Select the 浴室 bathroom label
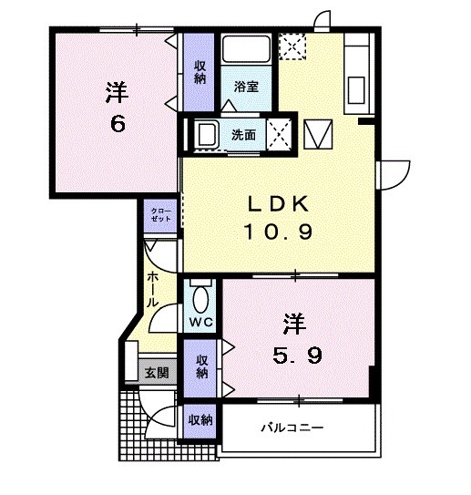coord(246,88)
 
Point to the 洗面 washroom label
coord(242,135)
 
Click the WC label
coord(200,323)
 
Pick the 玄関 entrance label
coord(156,371)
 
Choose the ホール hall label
coord(152,286)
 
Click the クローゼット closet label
coord(161,216)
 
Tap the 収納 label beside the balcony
coord(200,420)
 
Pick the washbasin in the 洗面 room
coord(204,134)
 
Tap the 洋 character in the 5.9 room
coord(292,322)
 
